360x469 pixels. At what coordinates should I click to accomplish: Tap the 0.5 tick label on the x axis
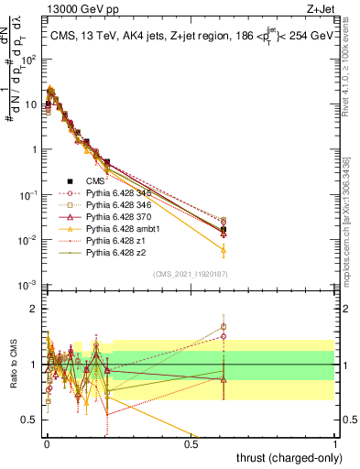[x=191, y=442]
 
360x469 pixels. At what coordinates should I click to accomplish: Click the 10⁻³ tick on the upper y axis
[x=28, y=286]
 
